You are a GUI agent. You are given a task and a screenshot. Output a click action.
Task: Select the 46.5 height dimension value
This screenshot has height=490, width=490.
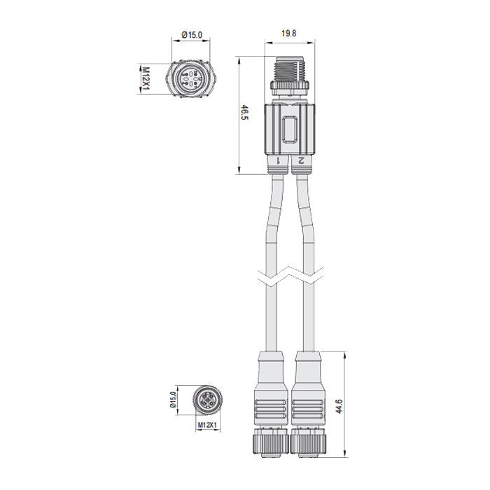pyautogui.click(x=245, y=114)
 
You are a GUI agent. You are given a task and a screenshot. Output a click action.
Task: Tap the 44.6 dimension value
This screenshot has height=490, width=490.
pyautogui.click(x=339, y=407)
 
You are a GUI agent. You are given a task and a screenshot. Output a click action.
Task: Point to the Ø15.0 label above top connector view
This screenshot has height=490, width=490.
pyautogui.click(x=192, y=34)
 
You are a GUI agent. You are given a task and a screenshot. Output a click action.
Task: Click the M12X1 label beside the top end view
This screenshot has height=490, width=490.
pyautogui.click(x=146, y=80)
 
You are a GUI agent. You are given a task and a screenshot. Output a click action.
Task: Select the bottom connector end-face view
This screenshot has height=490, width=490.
pyautogui.click(x=207, y=400)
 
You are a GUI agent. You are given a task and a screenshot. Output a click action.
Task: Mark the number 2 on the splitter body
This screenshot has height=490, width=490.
pyautogui.click(x=301, y=160)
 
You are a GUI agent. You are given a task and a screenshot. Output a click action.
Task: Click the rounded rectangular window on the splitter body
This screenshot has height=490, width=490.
pyautogui.click(x=288, y=131)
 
